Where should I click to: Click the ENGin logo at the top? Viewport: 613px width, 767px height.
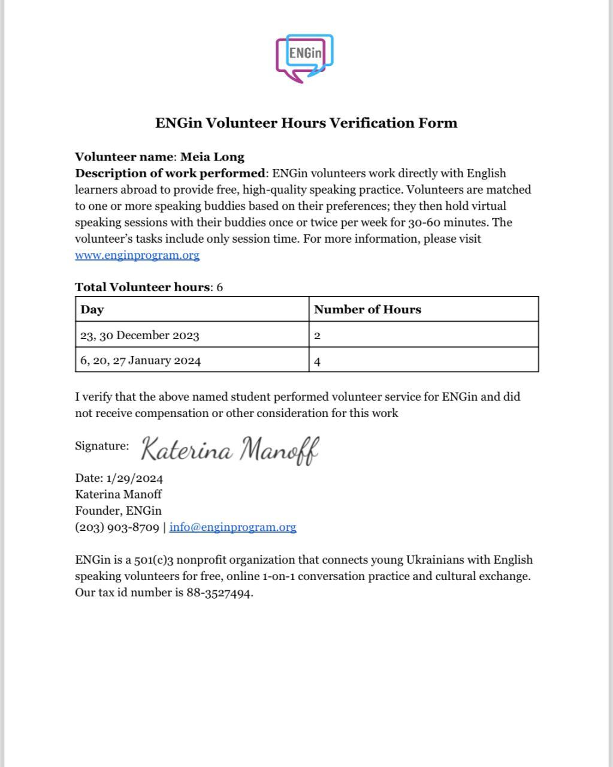pos(304,58)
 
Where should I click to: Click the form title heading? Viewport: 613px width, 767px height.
pos(306,123)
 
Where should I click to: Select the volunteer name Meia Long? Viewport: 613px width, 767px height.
pos(212,157)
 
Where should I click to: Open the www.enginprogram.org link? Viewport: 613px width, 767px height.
pos(137,255)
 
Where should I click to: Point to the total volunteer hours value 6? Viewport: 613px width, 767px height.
pos(220,287)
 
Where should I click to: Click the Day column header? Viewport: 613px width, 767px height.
pos(92,310)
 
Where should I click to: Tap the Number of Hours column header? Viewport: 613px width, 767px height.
pos(367,310)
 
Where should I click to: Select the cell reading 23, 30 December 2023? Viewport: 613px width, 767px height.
pos(140,335)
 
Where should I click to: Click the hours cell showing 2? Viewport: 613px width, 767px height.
pos(318,336)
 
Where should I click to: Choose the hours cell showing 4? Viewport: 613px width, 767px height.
pos(318,361)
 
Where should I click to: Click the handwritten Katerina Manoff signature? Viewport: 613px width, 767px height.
pos(230,449)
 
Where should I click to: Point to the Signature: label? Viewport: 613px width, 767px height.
pos(102,446)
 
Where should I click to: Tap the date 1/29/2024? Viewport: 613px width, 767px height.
pos(135,478)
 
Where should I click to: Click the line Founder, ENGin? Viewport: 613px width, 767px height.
pos(118,511)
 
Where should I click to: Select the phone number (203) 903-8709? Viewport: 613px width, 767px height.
pos(117,527)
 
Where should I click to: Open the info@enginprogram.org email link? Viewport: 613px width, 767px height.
pos(232,527)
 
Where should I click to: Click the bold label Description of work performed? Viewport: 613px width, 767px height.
pos(170,174)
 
